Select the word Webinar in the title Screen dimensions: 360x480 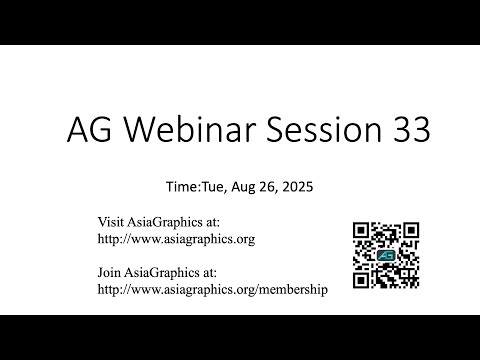coord(175,131)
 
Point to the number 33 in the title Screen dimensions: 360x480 coord(409,131)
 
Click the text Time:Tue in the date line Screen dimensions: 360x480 coord(193,186)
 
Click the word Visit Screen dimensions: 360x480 coord(111,221)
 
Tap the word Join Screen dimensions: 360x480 coord(110,271)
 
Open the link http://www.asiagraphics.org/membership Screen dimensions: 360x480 coord(212,289)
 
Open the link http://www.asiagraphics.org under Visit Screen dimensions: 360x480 coord(176,239)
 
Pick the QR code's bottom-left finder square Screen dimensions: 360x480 coord(362,279)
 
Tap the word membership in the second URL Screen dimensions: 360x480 coord(291,289)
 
